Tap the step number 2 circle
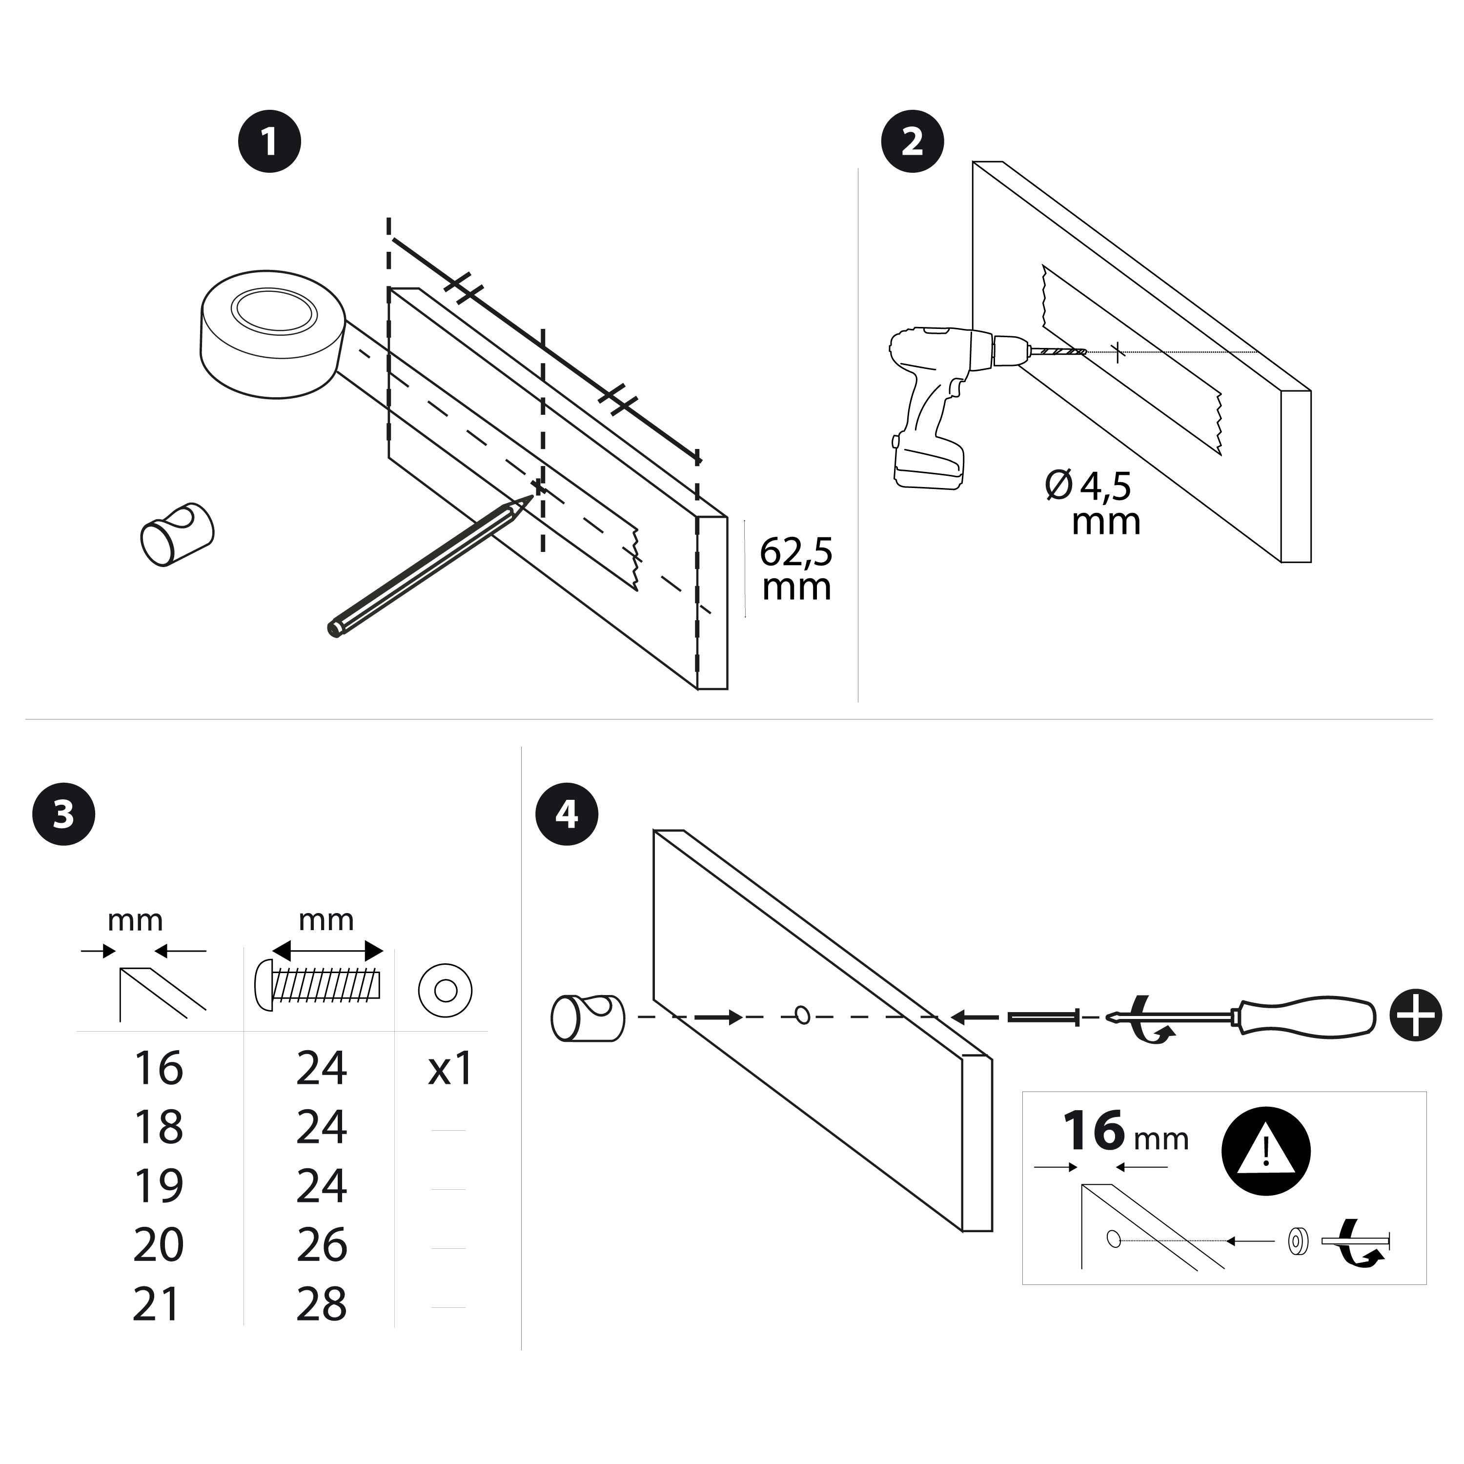[x=913, y=142]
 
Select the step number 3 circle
[x=63, y=814]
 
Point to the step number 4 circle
[x=567, y=814]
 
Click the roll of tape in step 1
[x=273, y=333]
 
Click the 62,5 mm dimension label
[x=795, y=569]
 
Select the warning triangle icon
[x=1266, y=1150]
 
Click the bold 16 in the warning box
[x=1094, y=1131]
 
